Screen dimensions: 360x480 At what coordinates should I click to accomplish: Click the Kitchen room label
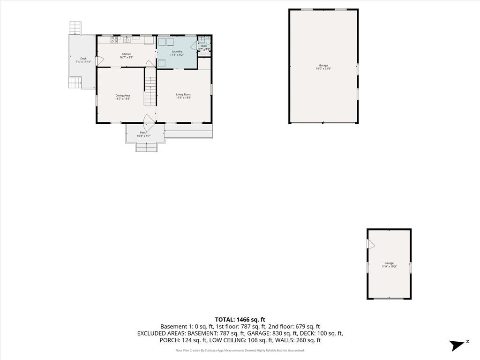coord(126,54)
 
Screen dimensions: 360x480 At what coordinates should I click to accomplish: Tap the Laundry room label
coord(177,52)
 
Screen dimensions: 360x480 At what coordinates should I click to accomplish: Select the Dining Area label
coord(123,96)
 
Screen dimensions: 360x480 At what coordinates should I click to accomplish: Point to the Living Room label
coord(184,94)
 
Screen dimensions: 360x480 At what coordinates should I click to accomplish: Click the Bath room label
coord(204,46)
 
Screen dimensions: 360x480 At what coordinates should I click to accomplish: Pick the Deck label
coord(83,59)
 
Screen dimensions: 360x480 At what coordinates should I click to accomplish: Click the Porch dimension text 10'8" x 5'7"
coord(143,136)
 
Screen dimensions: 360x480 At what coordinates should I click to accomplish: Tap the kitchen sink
coord(127,40)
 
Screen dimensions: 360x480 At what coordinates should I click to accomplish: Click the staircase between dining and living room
coord(150,91)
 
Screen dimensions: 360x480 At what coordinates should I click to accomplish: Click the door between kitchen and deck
coord(98,61)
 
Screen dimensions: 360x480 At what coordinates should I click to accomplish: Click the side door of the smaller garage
coord(370,244)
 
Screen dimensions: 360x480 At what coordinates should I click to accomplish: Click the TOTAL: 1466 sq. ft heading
coord(240,319)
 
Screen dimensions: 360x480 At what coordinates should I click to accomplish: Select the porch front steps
coord(145,147)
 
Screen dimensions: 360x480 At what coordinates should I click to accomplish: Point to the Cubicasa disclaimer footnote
coord(240,350)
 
